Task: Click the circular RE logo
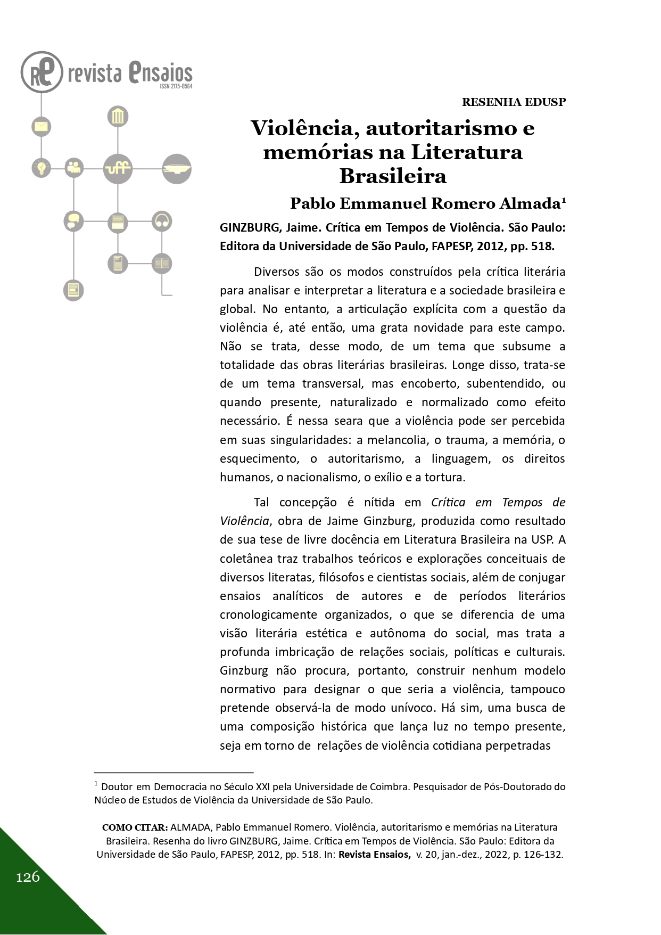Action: click(x=42, y=72)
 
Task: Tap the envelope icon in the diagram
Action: click(x=41, y=126)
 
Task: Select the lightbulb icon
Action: click(x=41, y=168)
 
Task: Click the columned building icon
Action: click(x=118, y=117)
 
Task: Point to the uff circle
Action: click(x=118, y=168)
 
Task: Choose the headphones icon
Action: click(x=162, y=221)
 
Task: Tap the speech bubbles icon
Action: click(x=73, y=221)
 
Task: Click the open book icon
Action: click(x=162, y=263)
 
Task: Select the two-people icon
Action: click(x=73, y=168)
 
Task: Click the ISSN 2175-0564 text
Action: click(x=176, y=86)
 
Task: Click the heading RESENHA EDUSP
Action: click(x=514, y=102)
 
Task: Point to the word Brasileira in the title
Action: click(x=393, y=176)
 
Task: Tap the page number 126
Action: click(x=28, y=876)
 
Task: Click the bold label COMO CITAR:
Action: click(x=135, y=827)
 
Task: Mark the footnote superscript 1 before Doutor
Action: click(x=96, y=784)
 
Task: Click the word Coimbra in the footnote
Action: click(x=391, y=786)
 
